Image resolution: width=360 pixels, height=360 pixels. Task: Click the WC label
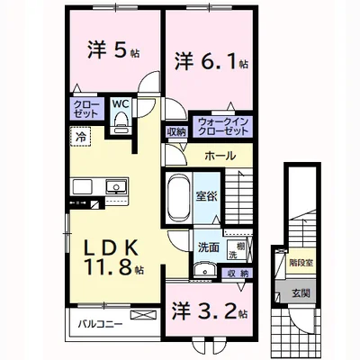pyautogui.click(x=120, y=103)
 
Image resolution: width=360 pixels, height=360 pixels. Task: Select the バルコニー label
pyautogui.click(x=94, y=323)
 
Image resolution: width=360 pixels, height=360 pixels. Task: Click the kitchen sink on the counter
pyautogui.click(x=114, y=187)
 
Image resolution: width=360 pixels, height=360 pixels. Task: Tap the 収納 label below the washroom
pyautogui.click(x=238, y=273)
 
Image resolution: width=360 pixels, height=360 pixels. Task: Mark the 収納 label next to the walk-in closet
pyautogui.click(x=175, y=132)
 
